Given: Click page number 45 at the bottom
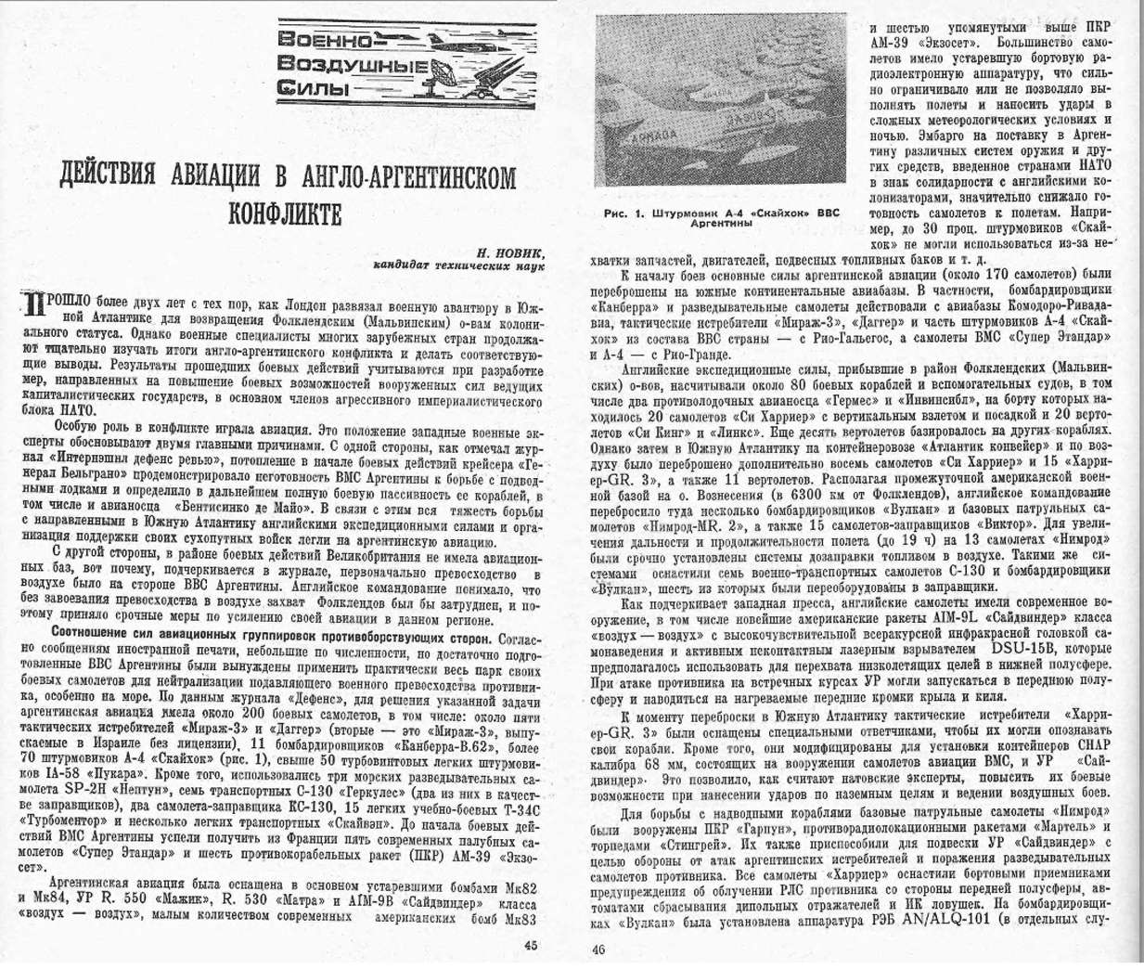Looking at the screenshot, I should coord(530,947).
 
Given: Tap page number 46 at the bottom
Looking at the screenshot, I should coord(598,949).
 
